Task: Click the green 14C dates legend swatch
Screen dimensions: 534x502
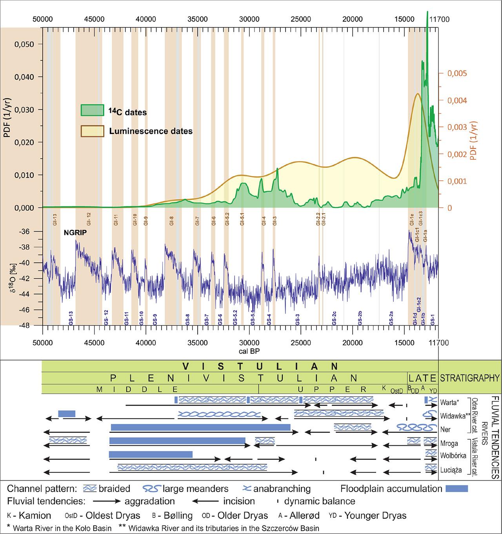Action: pos(92,110)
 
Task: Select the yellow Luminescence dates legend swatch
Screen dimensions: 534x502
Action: pos(92,130)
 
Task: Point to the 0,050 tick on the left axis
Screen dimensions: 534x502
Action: pos(24,44)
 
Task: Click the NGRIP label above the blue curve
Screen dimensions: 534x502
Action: pos(75,232)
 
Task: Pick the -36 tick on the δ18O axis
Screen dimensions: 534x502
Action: pos(31,231)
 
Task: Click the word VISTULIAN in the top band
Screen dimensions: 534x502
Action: pos(260,367)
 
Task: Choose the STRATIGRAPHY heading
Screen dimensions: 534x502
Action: pos(470,378)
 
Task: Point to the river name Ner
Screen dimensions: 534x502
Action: pos(445,429)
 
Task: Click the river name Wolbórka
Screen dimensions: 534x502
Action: pos(453,456)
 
